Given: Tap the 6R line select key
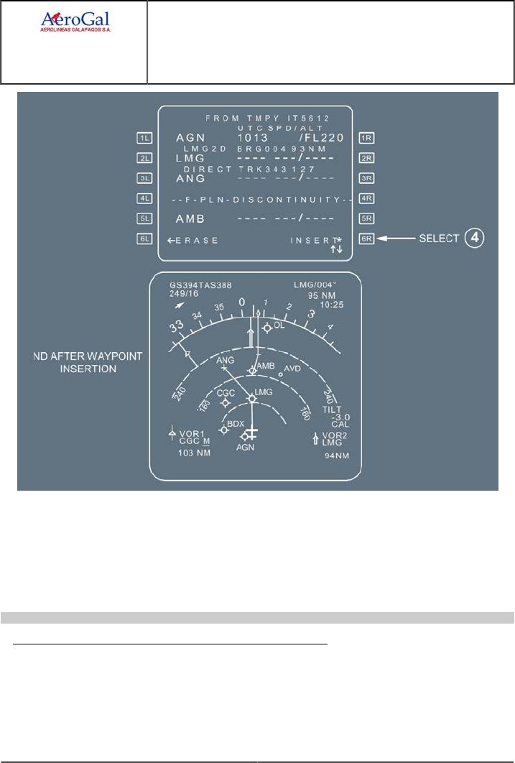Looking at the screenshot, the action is (367, 239).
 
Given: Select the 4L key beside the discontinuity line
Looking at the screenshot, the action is (144, 198).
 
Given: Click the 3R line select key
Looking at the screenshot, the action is (367, 177).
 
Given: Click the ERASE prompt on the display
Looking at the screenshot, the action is (192, 240).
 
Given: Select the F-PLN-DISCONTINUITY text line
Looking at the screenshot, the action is (257, 199).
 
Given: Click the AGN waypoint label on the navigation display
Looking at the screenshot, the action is (246, 447).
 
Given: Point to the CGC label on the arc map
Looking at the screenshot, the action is (226, 393).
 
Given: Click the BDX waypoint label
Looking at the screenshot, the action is (236, 424).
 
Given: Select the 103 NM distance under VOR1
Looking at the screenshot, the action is (193, 453).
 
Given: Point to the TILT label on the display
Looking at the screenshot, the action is (332, 409).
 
